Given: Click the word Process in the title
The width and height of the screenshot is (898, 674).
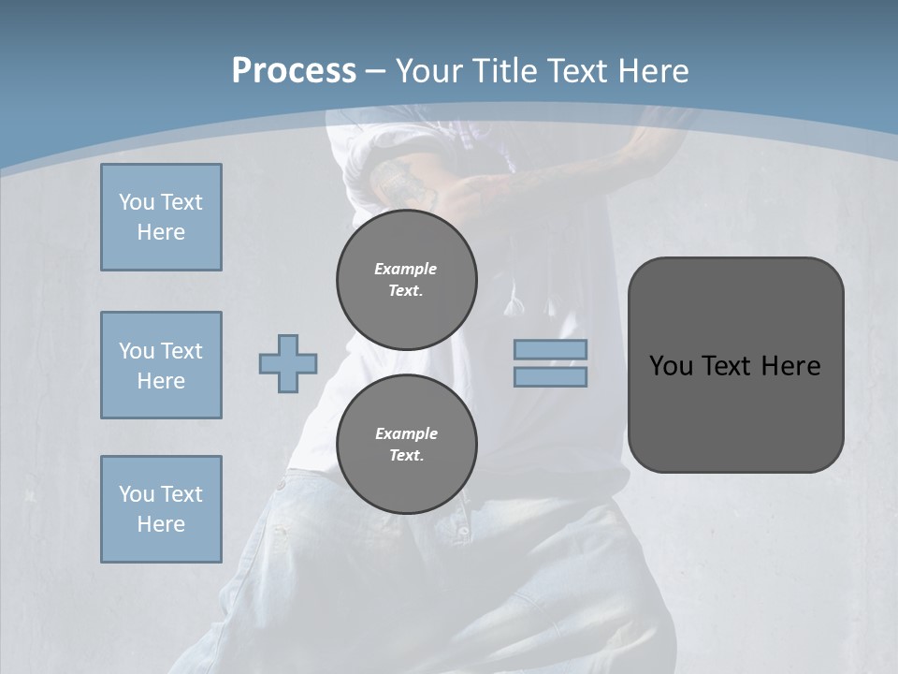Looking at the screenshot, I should (294, 70).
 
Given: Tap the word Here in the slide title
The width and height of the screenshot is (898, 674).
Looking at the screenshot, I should (653, 70).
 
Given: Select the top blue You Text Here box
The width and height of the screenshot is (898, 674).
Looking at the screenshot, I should (161, 217).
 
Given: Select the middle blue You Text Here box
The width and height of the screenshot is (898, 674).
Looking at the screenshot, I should (161, 365).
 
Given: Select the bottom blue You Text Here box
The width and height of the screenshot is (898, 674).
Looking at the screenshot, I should (161, 509).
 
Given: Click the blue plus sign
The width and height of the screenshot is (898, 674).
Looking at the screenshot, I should (288, 363).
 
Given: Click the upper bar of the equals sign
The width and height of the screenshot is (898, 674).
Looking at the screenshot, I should (550, 349).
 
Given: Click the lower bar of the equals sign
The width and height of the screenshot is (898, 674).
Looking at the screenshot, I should (550, 376).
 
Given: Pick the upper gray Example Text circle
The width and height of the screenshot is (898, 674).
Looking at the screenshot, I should (407, 280).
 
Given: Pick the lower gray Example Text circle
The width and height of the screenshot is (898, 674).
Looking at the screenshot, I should (407, 445).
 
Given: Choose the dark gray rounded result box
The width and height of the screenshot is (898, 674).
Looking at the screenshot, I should (735, 365).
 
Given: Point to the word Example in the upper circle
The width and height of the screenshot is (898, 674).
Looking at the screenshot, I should (406, 269).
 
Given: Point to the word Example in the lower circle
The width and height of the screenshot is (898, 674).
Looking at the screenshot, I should (406, 433).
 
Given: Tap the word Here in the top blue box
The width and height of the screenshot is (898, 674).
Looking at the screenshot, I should (161, 232).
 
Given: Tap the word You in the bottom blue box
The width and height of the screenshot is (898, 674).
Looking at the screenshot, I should (137, 494).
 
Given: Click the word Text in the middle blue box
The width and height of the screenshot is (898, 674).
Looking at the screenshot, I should (181, 351).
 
